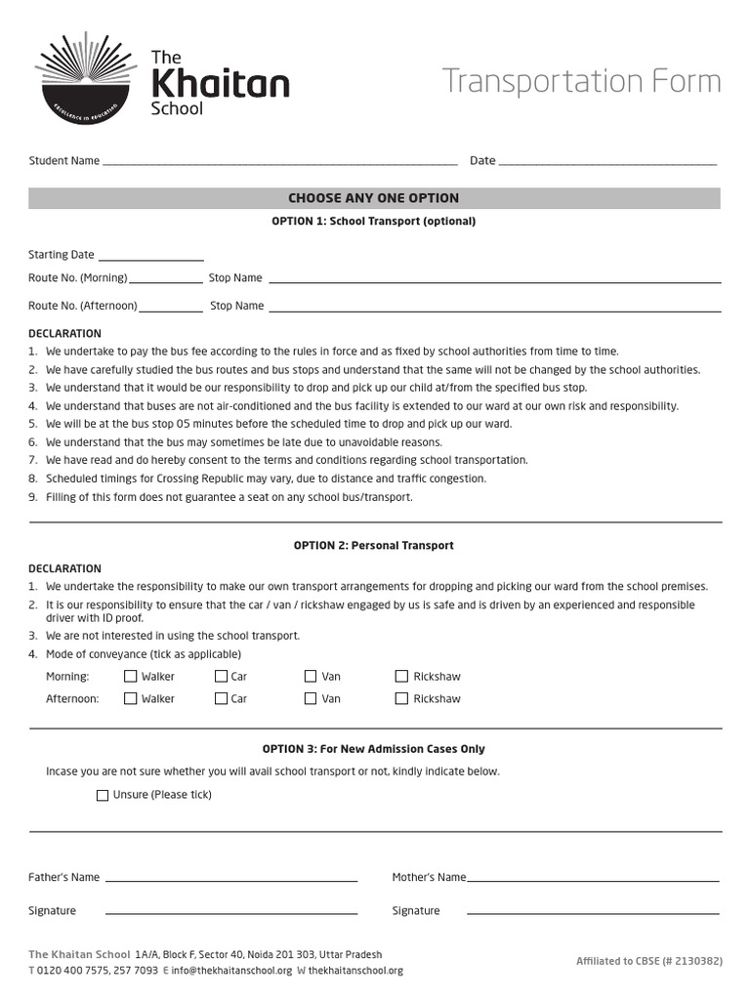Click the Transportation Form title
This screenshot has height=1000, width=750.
pyautogui.click(x=581, y=81)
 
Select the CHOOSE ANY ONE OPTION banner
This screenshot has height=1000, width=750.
pyautogui.click(x=374, y=198)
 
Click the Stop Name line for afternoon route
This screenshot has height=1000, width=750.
pyautogui.click(x=494, y=310)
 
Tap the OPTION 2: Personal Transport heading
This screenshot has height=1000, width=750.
pyautogui.click(x=374, y=546)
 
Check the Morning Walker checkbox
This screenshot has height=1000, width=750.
pyautogui.click(x=131, y=676)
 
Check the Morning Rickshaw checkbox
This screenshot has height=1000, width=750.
pyautogui.click(x=401, y=676)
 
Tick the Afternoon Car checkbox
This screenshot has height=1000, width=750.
pyautogui.click(x=221, y=698)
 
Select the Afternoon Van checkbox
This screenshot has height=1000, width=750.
pyautogui.click(x=311, y=698)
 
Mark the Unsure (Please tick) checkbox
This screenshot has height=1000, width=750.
pyautogui.click(x=103, y=795)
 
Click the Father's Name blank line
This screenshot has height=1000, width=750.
pyautogui.click(x=230, y=880)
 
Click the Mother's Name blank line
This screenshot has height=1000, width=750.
pyautogui.click(x=594, y=880)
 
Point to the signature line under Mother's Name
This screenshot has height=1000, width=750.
pyautogui.click(x=594, y=914)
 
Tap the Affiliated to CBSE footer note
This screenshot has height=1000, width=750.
pyautogui.click(x=648, y=961)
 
